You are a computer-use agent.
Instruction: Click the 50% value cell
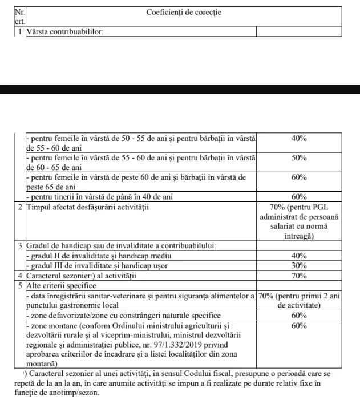tap(299, 158)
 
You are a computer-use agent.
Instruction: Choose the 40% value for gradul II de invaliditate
tap(299, 256)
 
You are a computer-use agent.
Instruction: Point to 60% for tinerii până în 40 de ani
tap(299, 197)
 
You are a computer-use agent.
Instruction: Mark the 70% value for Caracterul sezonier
tap(299, 276)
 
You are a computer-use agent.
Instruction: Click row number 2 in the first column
tap(19, 207)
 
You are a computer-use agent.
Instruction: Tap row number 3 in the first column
tap(19, 246)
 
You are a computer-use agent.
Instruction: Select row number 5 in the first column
tap(19, 285)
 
